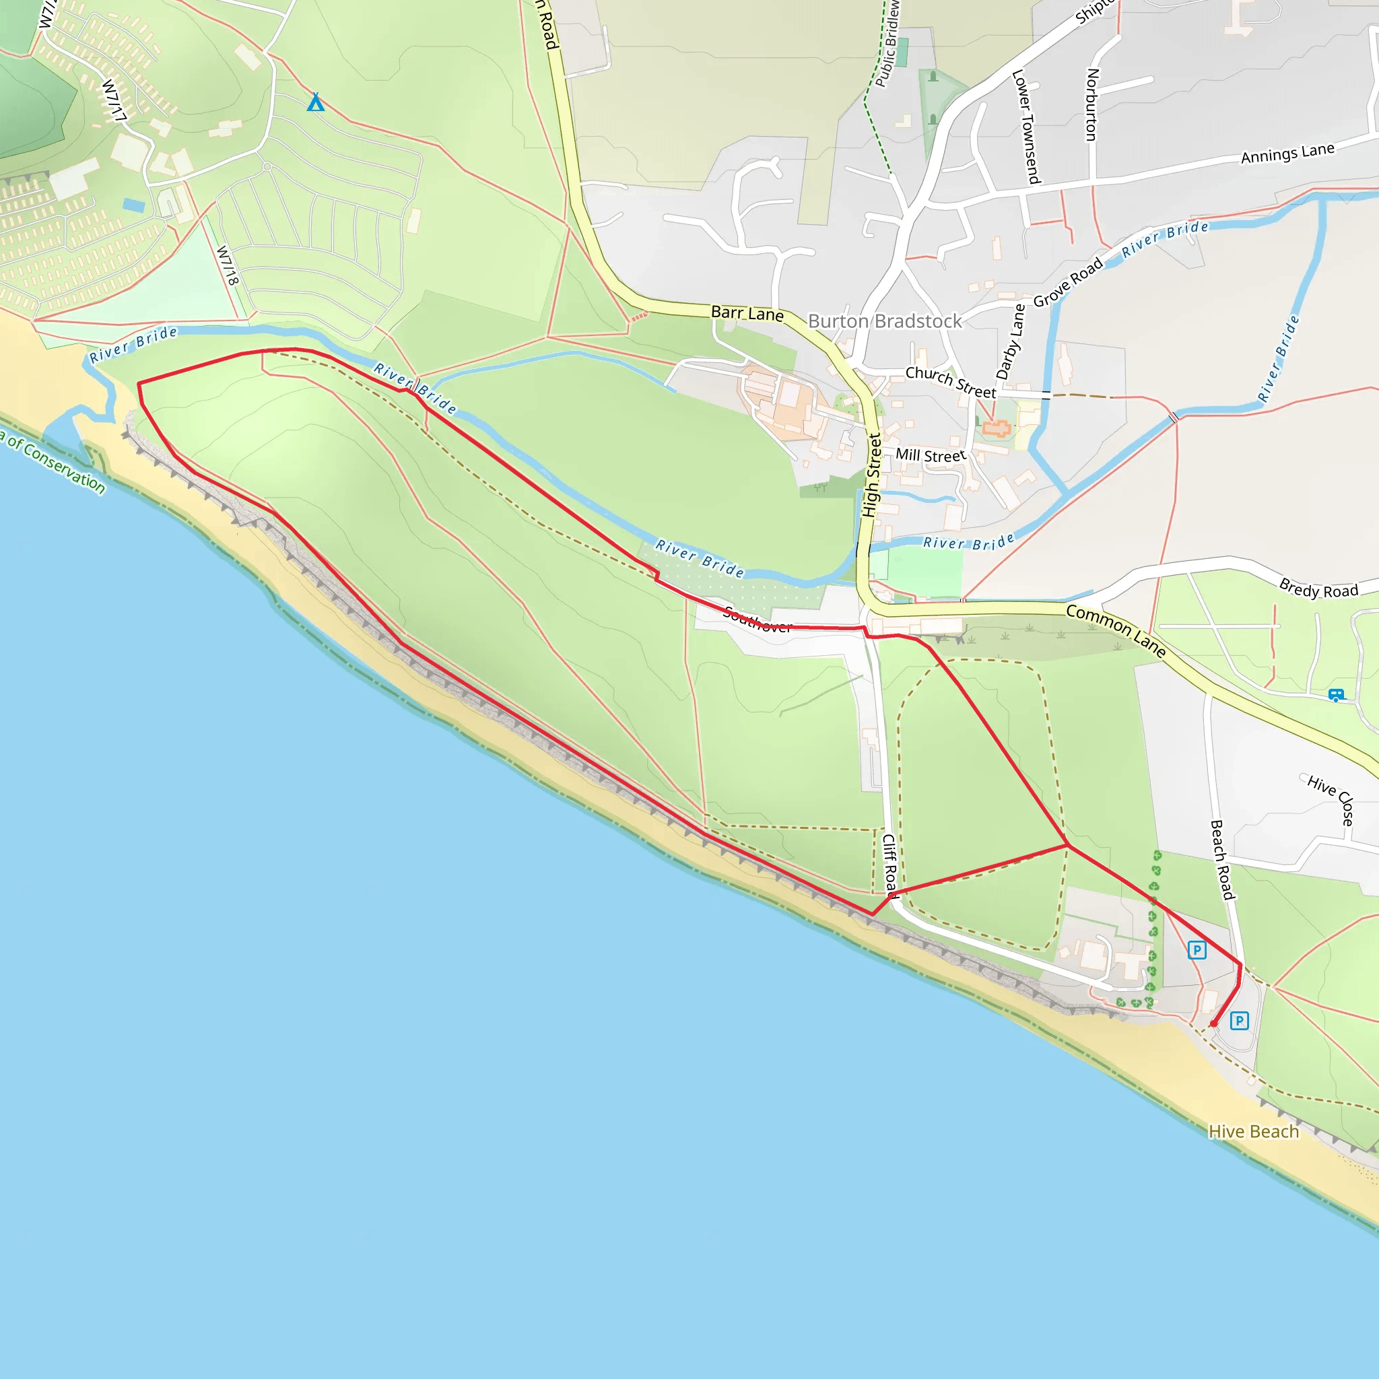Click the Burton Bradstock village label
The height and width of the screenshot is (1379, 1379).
point(884,321)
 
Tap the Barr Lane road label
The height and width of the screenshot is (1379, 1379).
point(747,313)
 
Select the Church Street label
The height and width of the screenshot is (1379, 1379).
point(950,382)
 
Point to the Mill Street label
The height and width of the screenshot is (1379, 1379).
point(930,455)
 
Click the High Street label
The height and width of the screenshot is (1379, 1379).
point(871,475)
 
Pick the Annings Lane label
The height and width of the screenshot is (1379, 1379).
point(1287,154)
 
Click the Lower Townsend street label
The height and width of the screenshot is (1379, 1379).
point(1026,127)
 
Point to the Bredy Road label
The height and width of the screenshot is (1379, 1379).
point(1318,589)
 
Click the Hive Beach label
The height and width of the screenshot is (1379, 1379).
point(1253,1131)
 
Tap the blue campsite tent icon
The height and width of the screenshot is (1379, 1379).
point(316,103)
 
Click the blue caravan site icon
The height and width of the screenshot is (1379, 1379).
point(1336,694)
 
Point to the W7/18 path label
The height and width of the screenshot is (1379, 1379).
point(227,265)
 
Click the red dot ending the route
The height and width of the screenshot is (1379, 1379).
point(1213,1023)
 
